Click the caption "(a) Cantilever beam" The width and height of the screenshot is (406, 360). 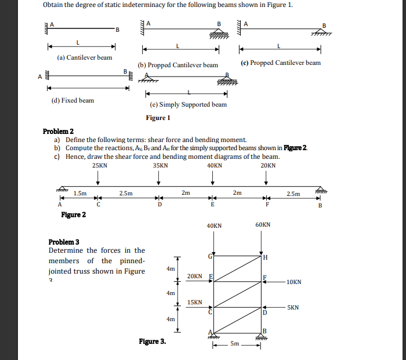point(85,57)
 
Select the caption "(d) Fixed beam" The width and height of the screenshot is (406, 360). point(72,100)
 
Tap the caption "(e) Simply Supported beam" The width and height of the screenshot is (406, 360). point(188,104)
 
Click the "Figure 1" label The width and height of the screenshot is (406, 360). point(158,118)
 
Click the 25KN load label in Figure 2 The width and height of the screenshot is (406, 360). point(99,165)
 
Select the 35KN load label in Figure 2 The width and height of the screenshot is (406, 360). point(160,165)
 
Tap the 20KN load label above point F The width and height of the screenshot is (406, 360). point(268,165)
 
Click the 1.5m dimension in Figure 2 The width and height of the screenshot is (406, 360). point(80,194)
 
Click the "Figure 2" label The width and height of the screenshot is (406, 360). point(74,215)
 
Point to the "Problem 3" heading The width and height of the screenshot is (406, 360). point(64,242)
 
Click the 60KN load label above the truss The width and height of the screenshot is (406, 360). point(263,225)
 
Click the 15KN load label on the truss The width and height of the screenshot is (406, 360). point(195,302)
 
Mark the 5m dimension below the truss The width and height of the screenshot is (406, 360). point(234,344)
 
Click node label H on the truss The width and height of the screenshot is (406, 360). point(265,257)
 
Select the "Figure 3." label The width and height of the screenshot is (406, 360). point(152,341)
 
